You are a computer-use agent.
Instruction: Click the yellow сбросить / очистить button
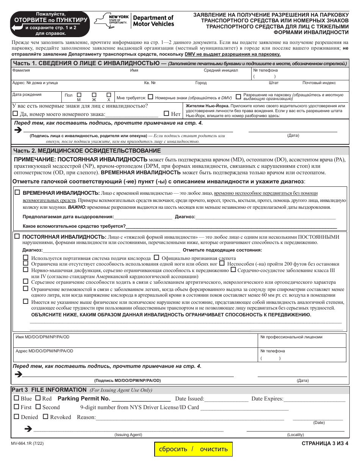click(x=193, y=449)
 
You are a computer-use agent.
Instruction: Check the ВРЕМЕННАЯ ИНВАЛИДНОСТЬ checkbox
click(x=17, y=192)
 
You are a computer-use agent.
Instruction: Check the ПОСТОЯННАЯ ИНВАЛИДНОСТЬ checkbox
click(x=17, y=236)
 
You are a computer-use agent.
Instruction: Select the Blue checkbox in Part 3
click(x=16, y=398)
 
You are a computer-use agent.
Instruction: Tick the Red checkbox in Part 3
click(x=38, y=398)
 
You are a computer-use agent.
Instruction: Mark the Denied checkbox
click(x=16, y=417)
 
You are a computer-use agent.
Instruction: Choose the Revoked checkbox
click(x=45, y=417)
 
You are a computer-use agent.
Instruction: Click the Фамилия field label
click(x=21, y=70)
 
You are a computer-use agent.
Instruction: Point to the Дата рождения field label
click(x=27, y=95)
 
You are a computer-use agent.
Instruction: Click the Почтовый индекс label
click(x=319, y=83)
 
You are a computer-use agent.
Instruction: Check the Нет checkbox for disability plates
click(x=166, y=113)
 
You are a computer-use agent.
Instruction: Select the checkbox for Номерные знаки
click(x=150, y=97)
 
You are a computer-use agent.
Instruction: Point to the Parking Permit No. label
click(x=84, y=399)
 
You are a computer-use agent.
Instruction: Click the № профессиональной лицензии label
click(x=291, y=337)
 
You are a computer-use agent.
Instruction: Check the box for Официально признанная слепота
click(x=157, y=258)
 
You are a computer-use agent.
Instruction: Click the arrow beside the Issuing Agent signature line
click(x=28, y=429)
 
